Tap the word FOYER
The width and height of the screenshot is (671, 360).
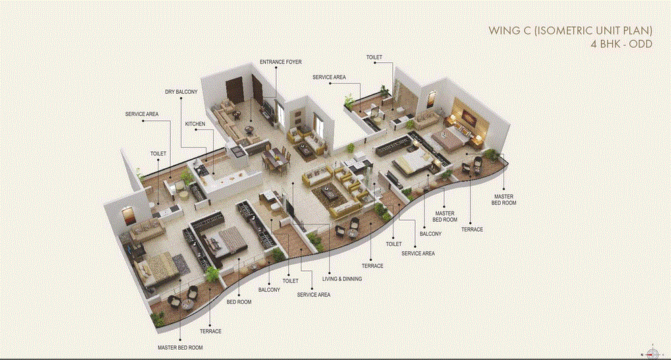(x=294, y=61)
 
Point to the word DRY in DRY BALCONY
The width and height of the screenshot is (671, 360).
(x=171, y=91)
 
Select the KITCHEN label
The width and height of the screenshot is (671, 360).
(x=195, y=124)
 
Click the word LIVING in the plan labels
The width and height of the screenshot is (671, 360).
(x=330, y=278)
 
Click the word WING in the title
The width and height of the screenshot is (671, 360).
(x=504, y=31)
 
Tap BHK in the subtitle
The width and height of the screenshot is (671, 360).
(x=607, y=44)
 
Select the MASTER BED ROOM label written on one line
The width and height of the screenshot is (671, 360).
(x=180, y=347)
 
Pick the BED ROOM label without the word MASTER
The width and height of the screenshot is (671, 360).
(x=239, y=302)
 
